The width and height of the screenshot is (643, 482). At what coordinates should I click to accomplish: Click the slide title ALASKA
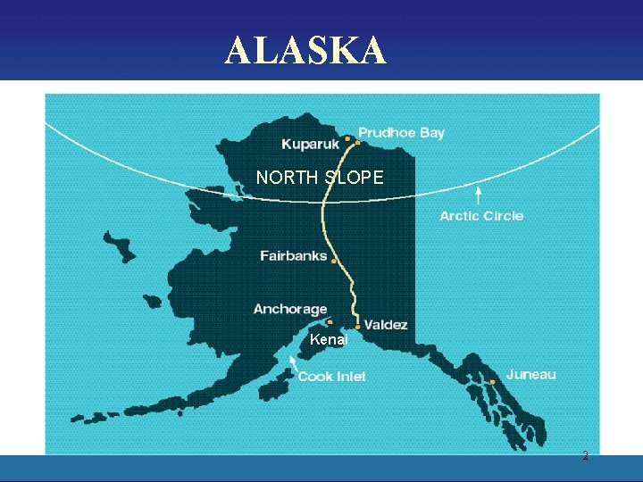(305, 51)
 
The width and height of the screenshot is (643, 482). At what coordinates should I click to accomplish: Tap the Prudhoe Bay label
(401, 133)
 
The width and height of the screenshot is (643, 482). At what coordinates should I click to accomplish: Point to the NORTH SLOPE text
(320, 178)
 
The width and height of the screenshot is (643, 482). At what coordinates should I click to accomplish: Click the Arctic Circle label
(481, 216)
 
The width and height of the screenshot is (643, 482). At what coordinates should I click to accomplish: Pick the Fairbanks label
(294, 256)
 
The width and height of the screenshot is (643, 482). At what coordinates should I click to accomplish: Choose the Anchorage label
(290, 309)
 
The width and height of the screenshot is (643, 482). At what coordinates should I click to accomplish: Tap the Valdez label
(386, 325)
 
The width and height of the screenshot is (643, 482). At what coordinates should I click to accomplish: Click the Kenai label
(327, 340)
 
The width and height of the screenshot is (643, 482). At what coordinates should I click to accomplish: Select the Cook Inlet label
(331, 377)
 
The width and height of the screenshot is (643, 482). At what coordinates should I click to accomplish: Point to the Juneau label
(530, 374)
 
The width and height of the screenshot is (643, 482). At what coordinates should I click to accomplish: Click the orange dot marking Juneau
(493, 381)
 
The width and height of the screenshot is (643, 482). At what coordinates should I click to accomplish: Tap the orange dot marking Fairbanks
(335, 262)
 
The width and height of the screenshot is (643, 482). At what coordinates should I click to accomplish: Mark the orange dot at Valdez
(358, 327)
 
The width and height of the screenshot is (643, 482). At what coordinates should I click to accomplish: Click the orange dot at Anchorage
(330, 321)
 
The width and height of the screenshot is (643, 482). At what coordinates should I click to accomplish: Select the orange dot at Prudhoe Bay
(357, 142)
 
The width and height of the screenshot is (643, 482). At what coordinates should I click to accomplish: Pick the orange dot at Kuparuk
(347, 138)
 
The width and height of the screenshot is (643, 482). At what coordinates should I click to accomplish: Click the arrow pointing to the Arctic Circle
(479, 195)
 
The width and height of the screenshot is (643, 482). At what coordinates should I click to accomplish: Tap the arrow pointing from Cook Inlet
(292, 362)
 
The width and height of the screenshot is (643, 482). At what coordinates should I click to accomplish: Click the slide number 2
(585, 456)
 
